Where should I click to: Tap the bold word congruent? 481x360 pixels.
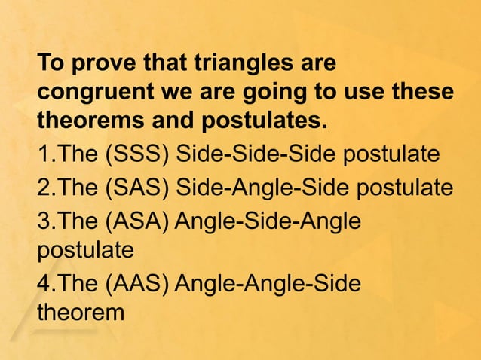(x=94, y=92)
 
